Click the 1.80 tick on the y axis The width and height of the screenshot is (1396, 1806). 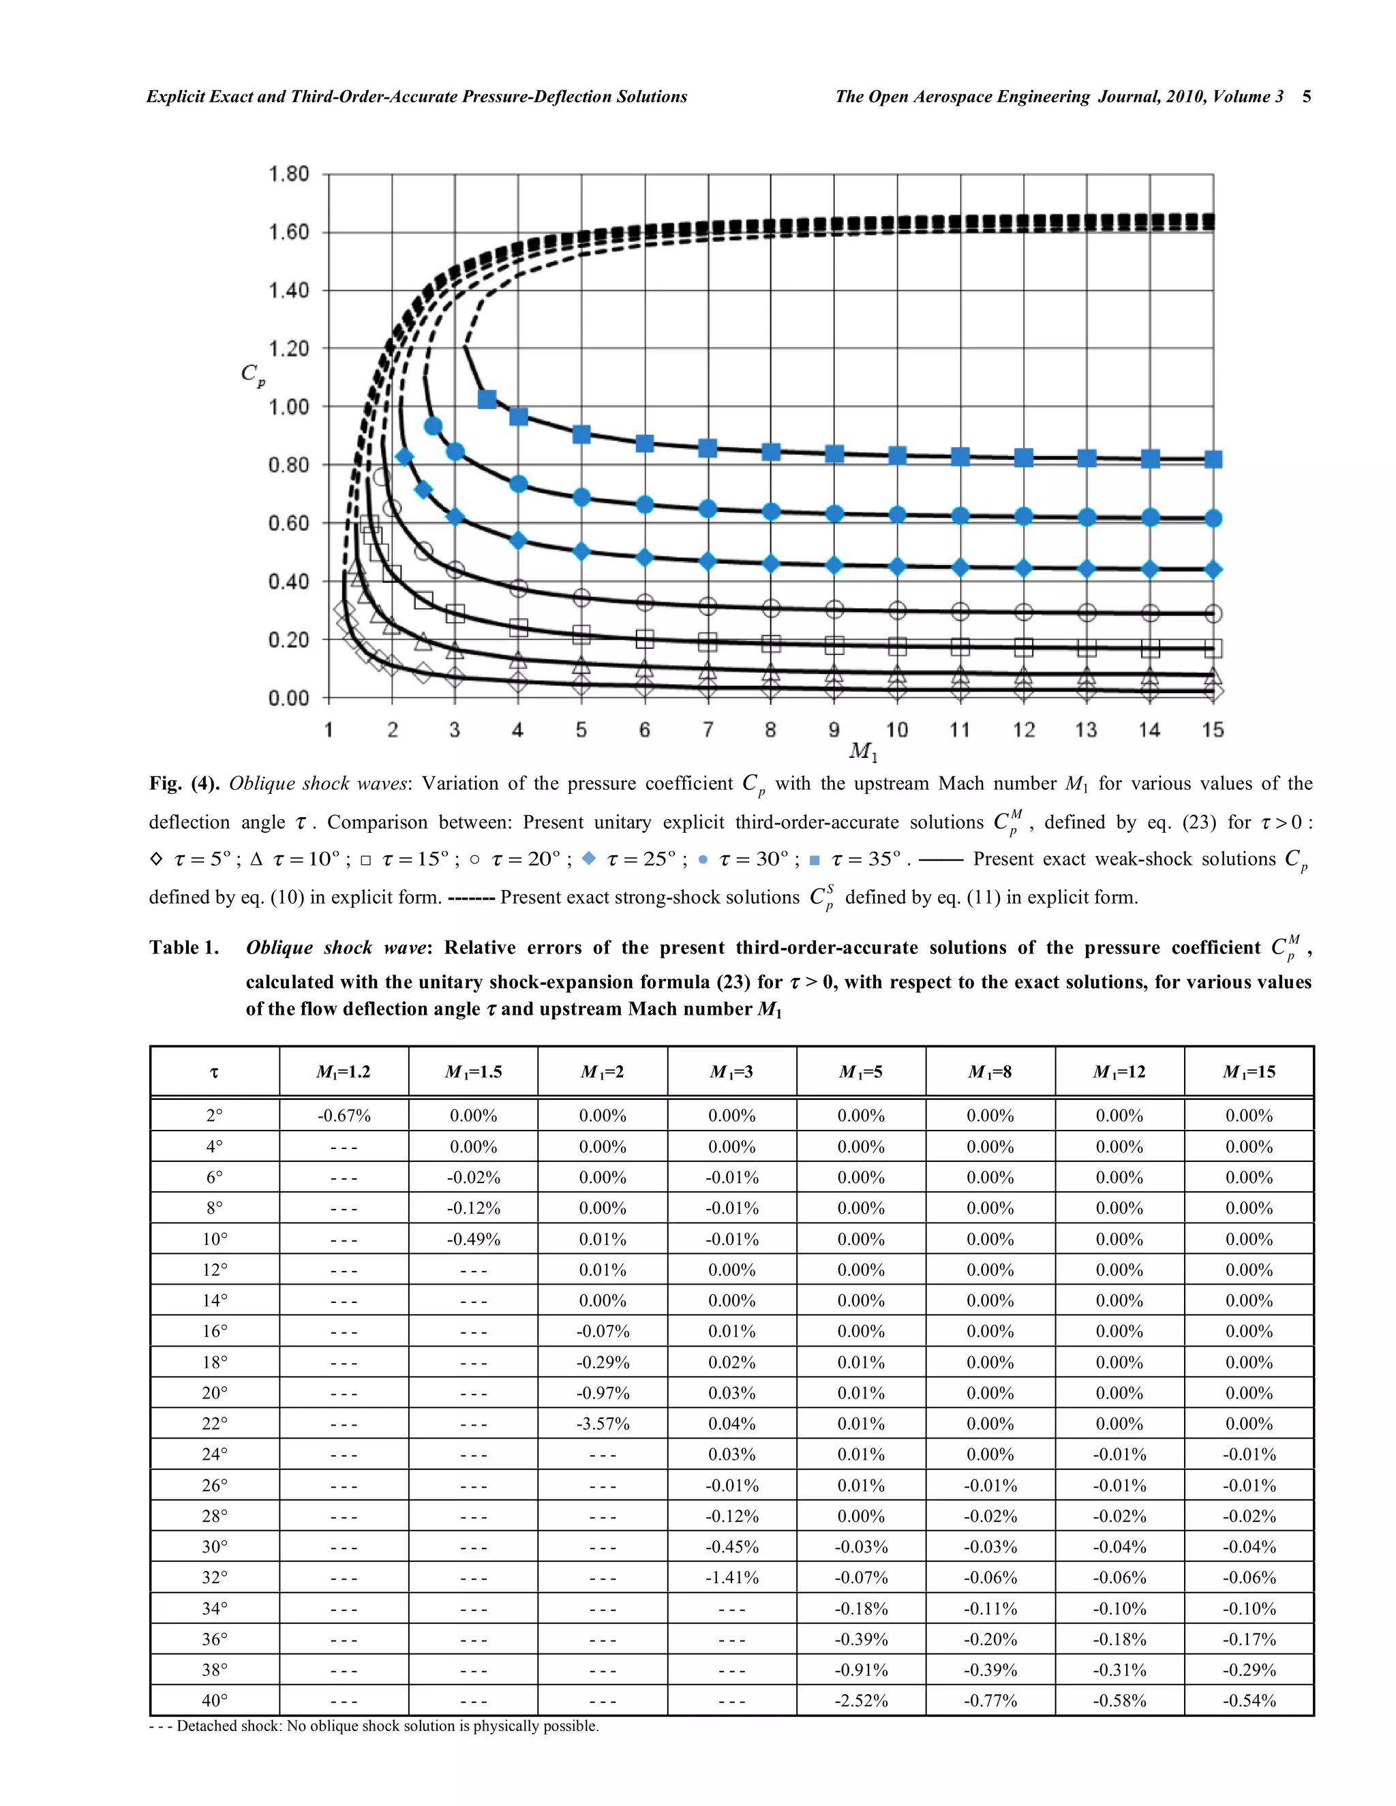(288, 174)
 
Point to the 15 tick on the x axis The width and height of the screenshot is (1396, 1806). (1213, 729)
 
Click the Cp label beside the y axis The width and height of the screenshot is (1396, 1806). (253, 375)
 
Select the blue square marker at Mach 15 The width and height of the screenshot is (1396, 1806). (1213, 459)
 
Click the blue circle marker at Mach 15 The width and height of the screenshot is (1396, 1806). (1213, 519)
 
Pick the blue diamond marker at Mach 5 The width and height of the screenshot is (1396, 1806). (581, 551)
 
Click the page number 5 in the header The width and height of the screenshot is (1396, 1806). (1306, 97)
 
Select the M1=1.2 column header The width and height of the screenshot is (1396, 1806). (344, 1072)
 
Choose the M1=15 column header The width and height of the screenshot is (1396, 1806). (1249, 1072)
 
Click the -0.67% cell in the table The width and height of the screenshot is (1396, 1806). (344, 1116)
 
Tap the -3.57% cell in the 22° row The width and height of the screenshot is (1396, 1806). (603, 1424)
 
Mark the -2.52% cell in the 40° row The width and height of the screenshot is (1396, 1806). (861, 1701)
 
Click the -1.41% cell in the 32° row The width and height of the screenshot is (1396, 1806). (732, 1578)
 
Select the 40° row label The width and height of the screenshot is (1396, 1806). (214, 1701)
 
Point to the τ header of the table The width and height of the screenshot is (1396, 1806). (214, 1073)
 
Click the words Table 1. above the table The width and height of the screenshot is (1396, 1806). (183, 948)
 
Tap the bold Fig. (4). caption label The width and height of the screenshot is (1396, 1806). (183, 784)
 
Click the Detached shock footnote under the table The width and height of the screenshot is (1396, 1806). (374, 1726)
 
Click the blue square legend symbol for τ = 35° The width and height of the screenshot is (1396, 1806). (814, 860)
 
